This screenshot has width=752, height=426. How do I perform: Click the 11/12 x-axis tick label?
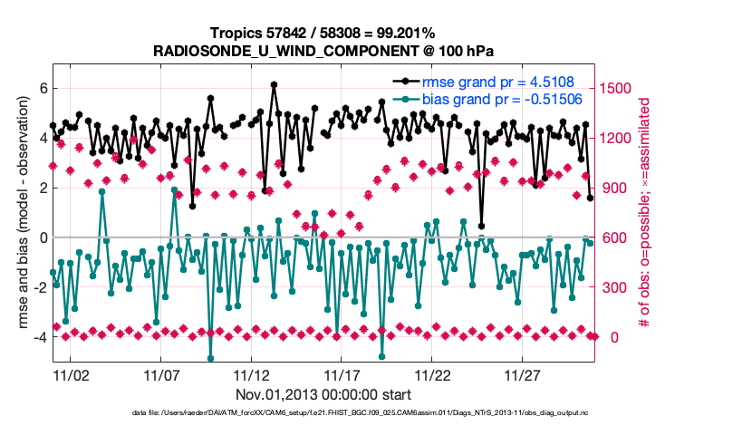click(252, 374)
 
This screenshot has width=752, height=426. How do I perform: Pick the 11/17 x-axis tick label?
click(342, 374)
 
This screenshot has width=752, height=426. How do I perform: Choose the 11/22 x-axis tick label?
click(433, 374)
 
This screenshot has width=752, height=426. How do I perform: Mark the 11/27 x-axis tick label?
click(524, 374)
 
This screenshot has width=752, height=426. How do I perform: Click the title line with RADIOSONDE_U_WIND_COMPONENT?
click(323, 50)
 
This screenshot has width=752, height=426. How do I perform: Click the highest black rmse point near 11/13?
click(274, 85)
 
